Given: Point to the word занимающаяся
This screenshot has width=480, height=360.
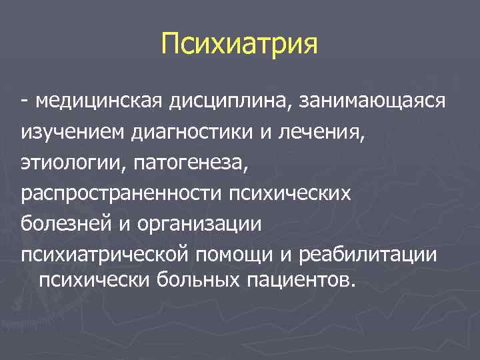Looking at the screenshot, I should [x=373, y=101].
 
